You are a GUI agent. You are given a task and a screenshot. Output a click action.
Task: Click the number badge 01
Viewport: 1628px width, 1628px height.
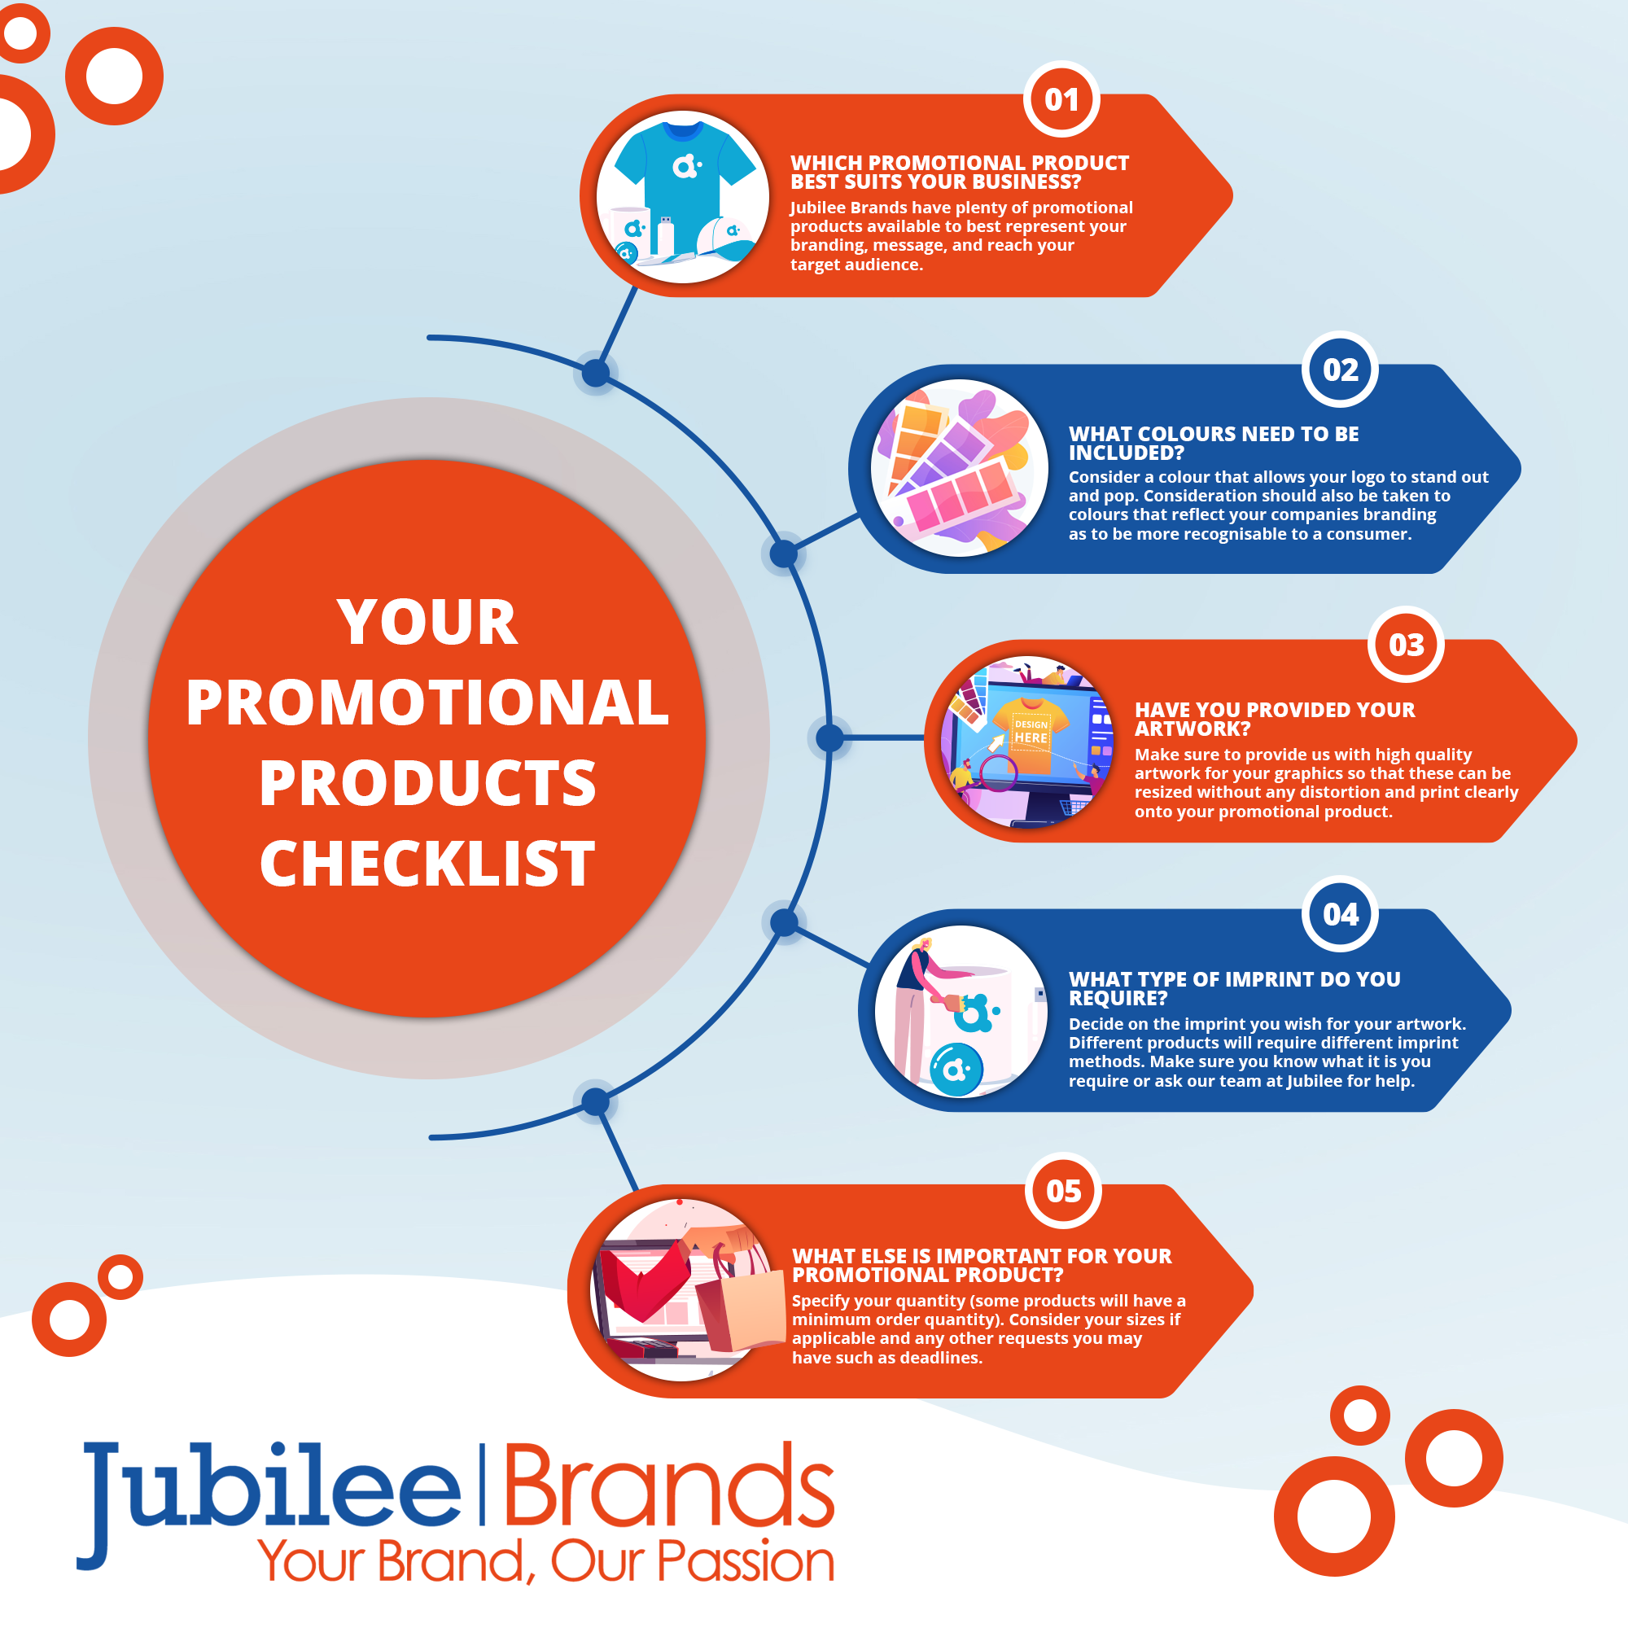[1061, 99]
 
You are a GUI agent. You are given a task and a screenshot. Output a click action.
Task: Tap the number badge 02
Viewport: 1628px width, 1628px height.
[1340, 369]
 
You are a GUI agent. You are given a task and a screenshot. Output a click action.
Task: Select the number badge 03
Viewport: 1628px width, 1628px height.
[1407, 645]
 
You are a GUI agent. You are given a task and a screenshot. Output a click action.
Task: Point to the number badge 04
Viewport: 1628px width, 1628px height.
[1340, 914]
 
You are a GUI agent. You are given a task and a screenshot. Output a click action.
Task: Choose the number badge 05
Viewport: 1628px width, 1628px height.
[1063, 1191]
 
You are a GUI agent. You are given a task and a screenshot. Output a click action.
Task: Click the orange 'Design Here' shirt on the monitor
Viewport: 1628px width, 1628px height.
[1031, 733]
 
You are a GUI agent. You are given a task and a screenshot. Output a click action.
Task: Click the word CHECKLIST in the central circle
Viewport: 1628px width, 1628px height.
[427, 864]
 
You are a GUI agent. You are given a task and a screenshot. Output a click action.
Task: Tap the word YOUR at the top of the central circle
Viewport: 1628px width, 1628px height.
[427, 623]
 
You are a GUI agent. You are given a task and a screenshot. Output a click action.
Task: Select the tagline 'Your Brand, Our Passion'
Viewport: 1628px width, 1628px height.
[546, 1561]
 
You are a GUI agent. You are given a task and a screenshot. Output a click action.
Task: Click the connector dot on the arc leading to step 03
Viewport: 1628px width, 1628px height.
[830, 738]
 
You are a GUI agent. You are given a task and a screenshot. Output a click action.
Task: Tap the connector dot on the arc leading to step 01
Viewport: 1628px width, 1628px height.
[596, 373]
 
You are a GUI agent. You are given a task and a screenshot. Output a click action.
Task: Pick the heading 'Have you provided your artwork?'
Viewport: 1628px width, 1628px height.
[1275, 719]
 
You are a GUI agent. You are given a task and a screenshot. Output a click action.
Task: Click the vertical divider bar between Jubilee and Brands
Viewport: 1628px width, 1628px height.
[483, 1485]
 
